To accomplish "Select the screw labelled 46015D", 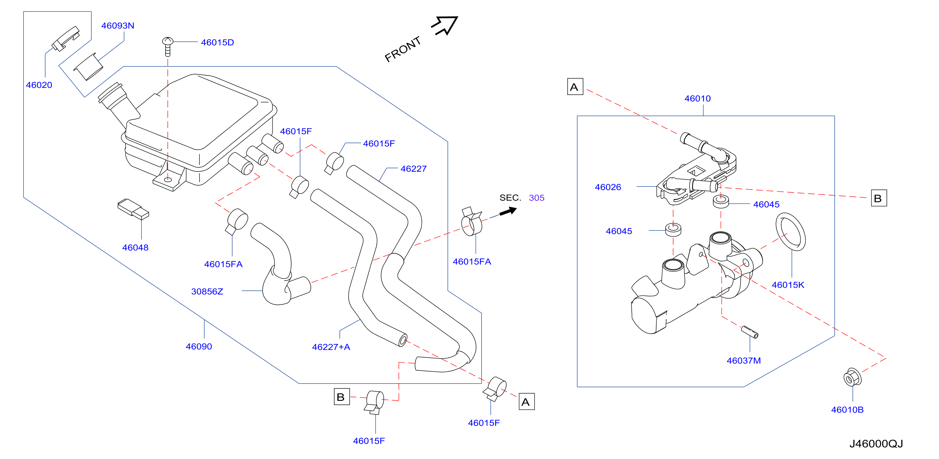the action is (x=168, y=46).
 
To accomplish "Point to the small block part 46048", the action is (x=133, y=209).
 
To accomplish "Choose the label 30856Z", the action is (x=207, y=292).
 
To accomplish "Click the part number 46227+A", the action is (x=331, y=347).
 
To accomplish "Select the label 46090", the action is (x=199, y=346).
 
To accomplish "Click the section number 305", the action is (x=537, y=198).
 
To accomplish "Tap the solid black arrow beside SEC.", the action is (x=508, y=211).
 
